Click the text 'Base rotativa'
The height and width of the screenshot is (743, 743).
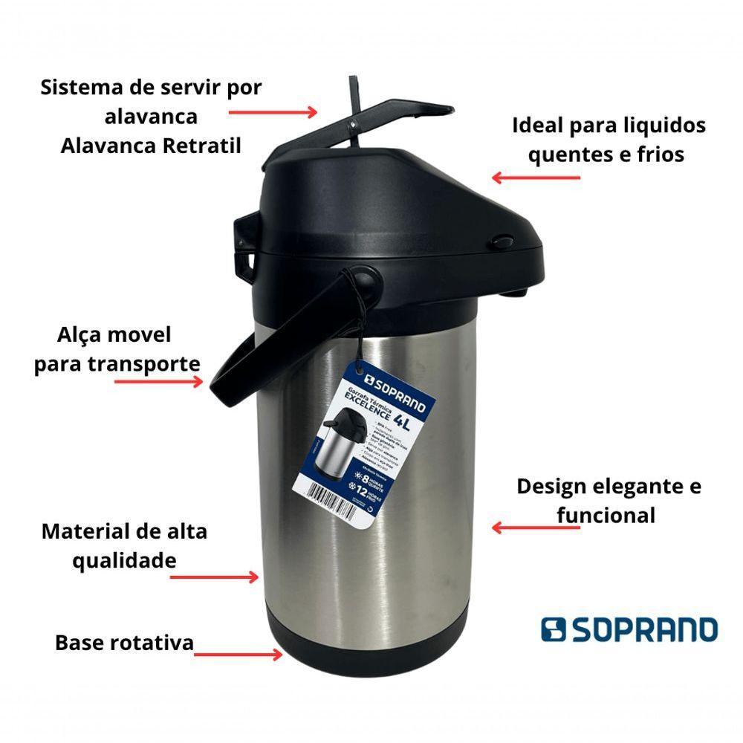(124, 642)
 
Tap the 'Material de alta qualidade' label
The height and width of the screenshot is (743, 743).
(124, 545)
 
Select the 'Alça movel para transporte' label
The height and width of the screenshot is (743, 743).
(117, 349)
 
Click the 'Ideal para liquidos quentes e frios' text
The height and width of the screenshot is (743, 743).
(609, 139)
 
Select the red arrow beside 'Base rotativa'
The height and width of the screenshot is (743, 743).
(238, 655)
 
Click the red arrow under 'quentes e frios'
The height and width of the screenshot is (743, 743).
(536, 178)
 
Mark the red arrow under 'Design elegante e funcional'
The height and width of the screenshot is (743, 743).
(536, 528)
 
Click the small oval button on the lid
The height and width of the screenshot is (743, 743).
(504, 241)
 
